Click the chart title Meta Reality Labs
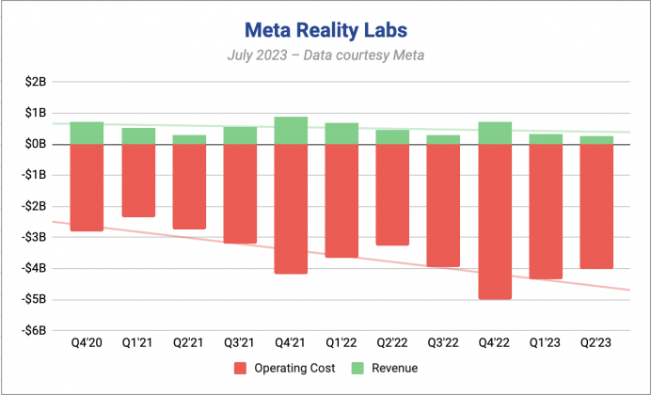click(325, 30)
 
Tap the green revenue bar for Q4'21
click(291, 131)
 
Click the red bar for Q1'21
click(138, 181)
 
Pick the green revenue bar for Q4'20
click(87, 133)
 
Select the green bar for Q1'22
click(341, 134)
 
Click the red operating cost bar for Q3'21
click(240, 194)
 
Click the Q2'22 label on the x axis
click(392, 345)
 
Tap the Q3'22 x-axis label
click(443, 345)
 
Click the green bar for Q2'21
click(189, 139)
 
